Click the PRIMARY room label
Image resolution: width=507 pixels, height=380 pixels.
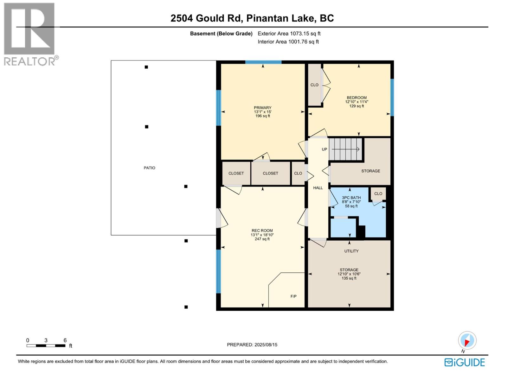[x=262, y=108]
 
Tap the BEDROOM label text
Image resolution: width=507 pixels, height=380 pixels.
[x=356, y=98]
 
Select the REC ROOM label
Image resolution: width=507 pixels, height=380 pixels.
[x=262, y=231]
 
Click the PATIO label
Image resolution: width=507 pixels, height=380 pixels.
[x=150, y=168]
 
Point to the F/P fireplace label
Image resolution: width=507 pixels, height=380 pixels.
[x=293, y=296]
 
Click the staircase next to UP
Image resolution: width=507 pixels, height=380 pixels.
[x=345, y=149]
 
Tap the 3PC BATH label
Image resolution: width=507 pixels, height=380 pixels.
[x=351, y=198]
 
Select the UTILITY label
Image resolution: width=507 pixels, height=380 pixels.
[x=351, y=251]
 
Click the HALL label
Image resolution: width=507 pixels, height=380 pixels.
[x=318, y=188]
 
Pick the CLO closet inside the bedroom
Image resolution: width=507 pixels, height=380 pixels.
[x=314, y=85]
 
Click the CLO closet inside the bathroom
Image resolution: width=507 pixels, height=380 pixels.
[x=378, y=193]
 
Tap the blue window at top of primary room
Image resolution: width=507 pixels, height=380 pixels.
[x=263, y=62]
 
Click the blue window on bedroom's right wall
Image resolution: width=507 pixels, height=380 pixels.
[x=392, y=97]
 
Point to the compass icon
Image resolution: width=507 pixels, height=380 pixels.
[x=467, y=341]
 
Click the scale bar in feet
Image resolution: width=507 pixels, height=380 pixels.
[x=46, y=345]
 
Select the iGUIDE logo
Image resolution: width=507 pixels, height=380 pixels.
[x=465, y=362]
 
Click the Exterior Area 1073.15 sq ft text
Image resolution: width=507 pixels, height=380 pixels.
[x=289, y=34]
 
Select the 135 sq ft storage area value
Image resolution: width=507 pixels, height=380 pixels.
[x=349, y=278]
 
